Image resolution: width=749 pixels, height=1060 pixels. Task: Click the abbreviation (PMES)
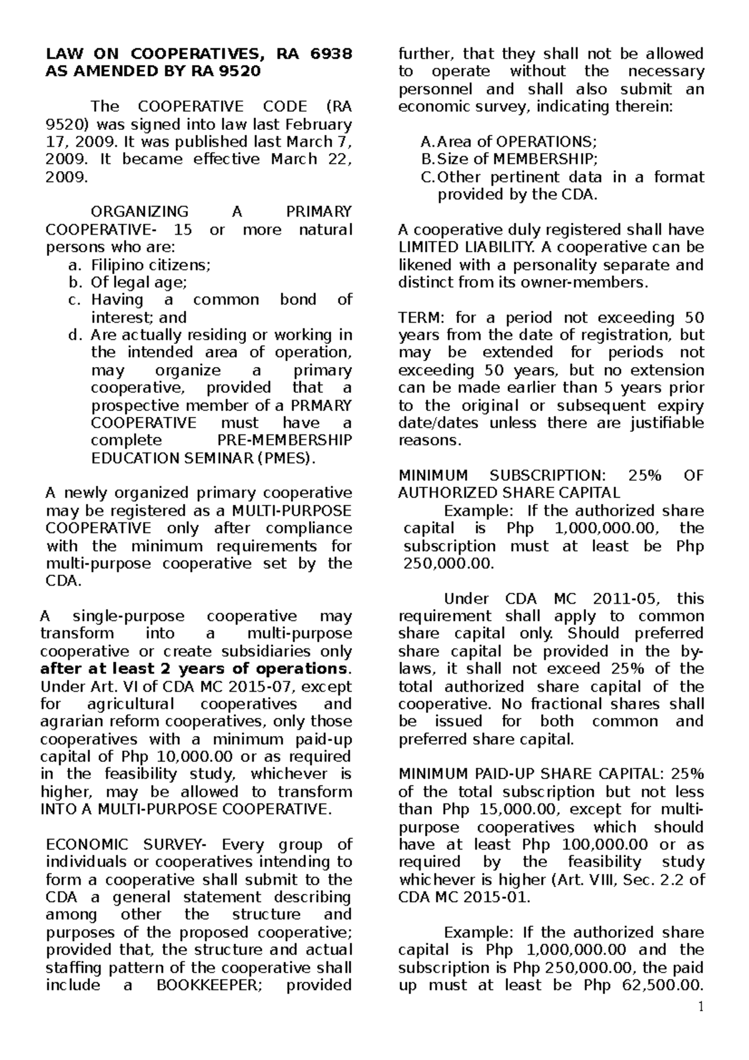(x=285, y=458)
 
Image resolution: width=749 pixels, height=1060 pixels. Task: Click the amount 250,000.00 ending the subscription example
(x=448, y=564)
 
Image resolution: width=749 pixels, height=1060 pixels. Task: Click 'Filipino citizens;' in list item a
(x=150, y=265)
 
